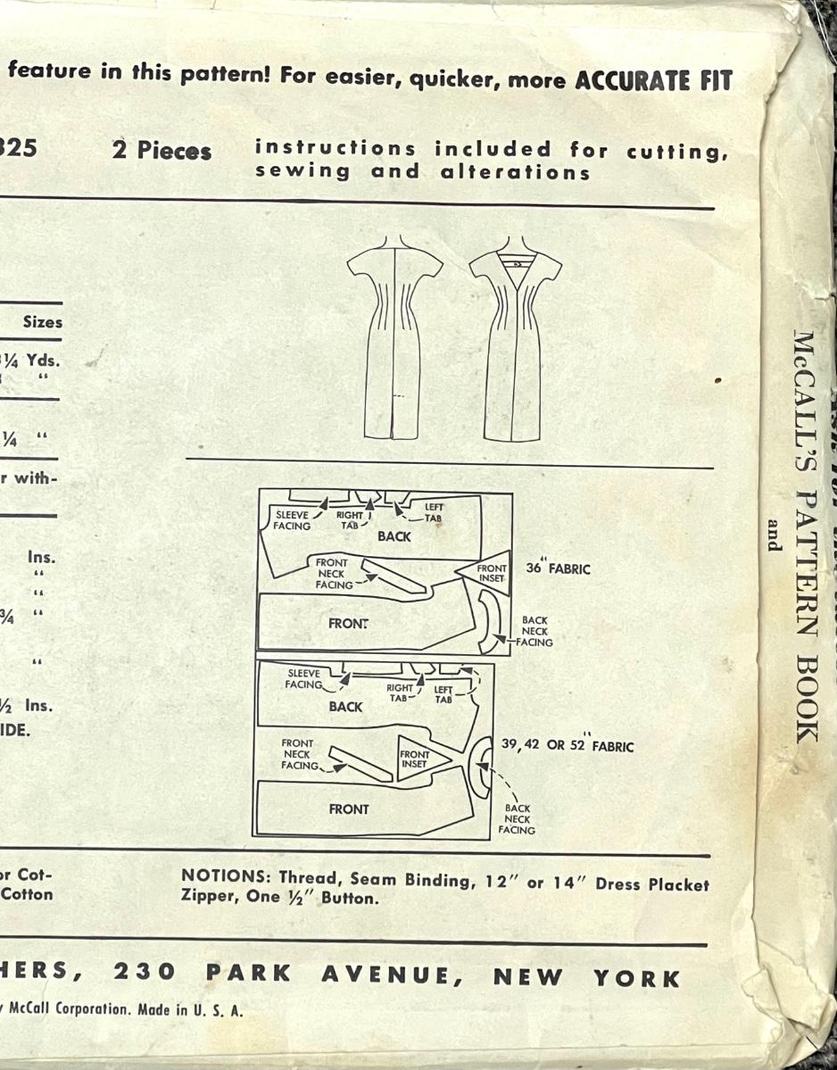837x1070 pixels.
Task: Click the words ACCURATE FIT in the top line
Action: (654, 81)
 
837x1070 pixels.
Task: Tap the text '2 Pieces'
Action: (162, 151)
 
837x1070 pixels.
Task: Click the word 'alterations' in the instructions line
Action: (515, 172)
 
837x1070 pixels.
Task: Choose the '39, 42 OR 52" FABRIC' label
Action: (568, 745)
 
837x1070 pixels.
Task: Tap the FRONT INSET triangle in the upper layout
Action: (487, 572)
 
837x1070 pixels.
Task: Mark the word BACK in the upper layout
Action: (394, 536)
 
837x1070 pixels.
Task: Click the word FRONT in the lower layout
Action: (348, 809)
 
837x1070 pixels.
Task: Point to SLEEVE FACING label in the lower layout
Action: (303, 679)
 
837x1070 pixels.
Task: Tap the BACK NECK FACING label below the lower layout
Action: (517, 819)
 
